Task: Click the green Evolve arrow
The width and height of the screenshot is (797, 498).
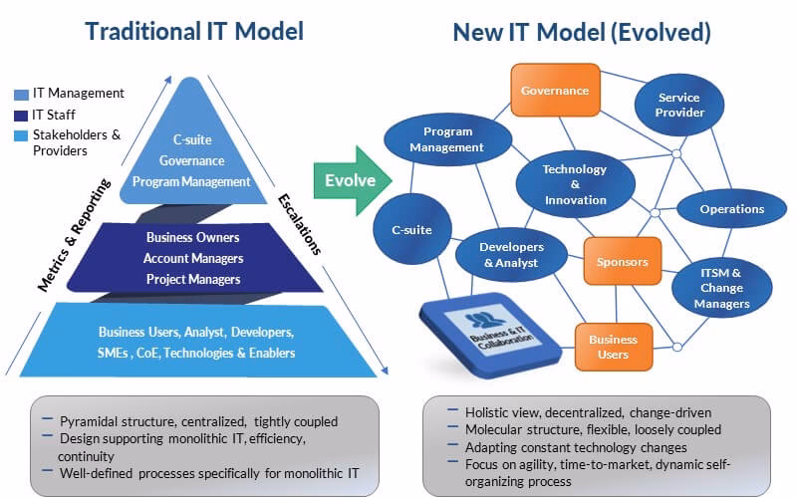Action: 352,180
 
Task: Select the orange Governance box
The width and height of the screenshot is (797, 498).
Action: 555,91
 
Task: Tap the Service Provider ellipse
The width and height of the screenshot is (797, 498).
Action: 680,106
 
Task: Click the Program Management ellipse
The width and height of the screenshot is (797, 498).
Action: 447,139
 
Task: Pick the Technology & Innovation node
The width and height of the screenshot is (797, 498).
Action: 575,184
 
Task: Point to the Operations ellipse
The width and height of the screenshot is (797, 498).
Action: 731,209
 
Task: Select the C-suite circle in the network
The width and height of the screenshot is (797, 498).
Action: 410,230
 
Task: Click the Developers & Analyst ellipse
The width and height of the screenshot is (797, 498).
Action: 511,255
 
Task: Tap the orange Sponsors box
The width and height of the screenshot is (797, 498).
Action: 622,263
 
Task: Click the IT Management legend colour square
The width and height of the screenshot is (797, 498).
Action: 22,94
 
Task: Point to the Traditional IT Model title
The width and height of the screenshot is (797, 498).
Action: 194,32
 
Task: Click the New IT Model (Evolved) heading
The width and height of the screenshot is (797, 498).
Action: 582,32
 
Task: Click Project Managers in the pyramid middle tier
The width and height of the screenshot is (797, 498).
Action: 193,279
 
